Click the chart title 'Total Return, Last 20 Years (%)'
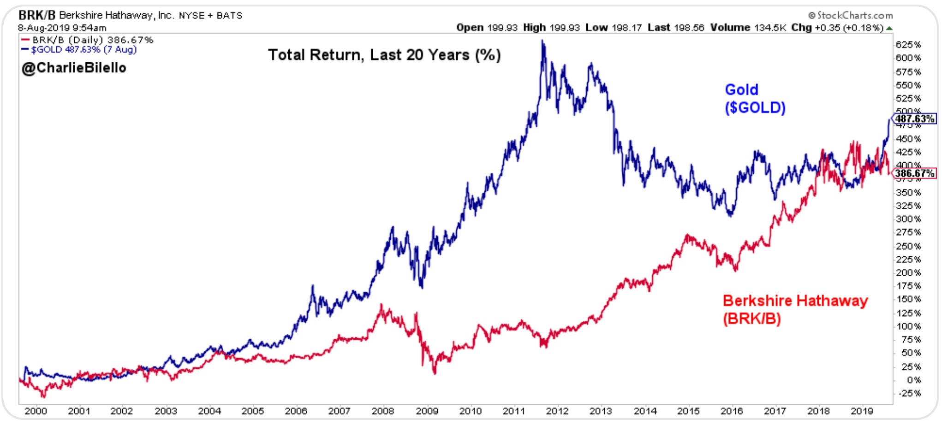(x=384, y=55)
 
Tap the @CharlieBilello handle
(x=74, y=68)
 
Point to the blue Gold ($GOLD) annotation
(x=755, y=99)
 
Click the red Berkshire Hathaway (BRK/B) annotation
(x=795, y=309)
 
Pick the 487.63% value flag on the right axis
(x=915, y=119)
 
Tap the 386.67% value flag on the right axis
(x=915, y=173)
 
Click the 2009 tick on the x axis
(x=427, y=411)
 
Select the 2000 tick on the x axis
(x=36, y=411)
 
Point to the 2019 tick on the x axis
(x=862, y=411)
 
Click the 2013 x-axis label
(x=601, y=411)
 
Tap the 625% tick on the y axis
(x=908, y=45)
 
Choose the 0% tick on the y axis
(x=913, y=380)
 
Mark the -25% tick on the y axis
(x=910, y=394)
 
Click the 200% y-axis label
(x=908, y=272)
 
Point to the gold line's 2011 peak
(x=543, y=41)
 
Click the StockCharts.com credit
(x=851, y=16)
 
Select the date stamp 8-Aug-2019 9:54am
(x=62, y=28)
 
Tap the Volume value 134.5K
(x=770, y=28)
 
